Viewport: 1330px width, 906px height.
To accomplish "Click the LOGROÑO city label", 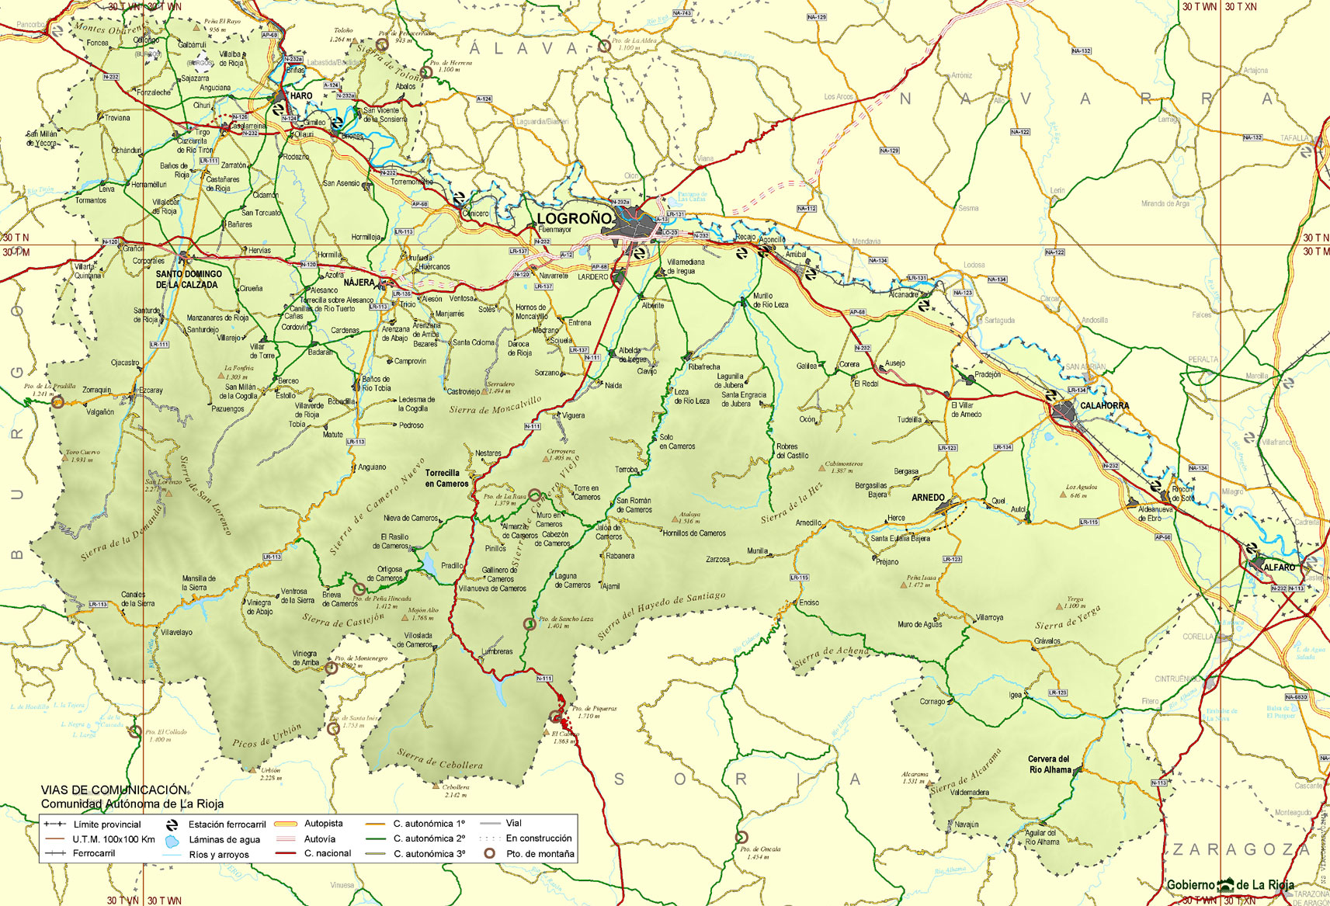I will coord(574,218).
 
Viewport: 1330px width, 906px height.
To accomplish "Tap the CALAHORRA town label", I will coord(1104,405).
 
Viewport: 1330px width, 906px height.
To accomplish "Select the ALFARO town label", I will coord(1279,568).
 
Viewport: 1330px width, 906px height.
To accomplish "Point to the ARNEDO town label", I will coord(928,498).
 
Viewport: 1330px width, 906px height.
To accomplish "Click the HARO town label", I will coord(300,96).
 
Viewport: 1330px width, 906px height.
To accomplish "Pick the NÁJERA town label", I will coord(359,283).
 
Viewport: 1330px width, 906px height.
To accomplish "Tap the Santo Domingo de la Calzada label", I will coord(188,279).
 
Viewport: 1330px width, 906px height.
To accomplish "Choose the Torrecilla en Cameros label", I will coord(446,478).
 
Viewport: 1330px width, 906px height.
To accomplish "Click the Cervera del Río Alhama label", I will coord(1049,764).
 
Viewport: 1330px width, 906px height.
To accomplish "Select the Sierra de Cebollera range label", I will coord(439,758).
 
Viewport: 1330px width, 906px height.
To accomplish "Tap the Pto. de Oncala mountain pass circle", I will coord(741,837).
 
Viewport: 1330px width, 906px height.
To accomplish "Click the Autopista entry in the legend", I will coord(323,824).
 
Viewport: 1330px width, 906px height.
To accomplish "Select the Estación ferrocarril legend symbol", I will coord(172,824).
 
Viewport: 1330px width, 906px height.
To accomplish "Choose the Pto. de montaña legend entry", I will coord(540,854).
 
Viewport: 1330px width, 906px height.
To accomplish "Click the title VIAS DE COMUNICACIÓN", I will coord(114,790).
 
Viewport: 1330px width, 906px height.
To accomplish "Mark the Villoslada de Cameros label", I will coord(418,640).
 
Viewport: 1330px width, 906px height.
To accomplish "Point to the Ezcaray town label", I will coord(151,391).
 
